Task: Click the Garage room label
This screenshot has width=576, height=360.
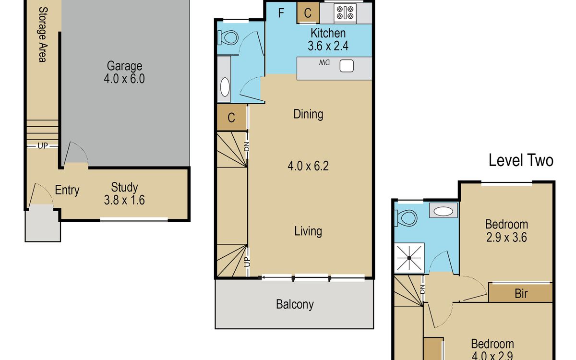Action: point(124,66)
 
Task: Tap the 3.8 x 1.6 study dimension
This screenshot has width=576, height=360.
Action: point(124,200)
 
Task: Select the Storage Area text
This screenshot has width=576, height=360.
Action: point(43,35)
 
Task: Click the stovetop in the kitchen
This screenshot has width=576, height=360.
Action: point(345,12)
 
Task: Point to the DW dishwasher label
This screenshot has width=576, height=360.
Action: point(324,63)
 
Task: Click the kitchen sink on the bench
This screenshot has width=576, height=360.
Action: point(347,66)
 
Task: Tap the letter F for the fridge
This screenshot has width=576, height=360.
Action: point(281,13)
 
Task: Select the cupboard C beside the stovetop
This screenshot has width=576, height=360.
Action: point(308,13)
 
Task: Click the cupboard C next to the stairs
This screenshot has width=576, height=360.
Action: point(231,118)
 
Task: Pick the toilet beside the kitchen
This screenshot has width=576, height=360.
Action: point(228,38)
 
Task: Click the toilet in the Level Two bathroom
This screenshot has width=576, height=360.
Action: point(406,218)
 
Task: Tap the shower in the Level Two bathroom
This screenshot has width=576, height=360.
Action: point(409,258)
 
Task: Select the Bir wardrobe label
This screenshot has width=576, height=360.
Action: point(521,293)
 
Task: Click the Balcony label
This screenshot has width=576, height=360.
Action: point(295,304)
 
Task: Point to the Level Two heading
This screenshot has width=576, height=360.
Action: point(521,160)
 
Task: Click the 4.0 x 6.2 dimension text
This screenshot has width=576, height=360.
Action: point(308,166)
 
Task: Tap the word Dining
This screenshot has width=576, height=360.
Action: point(308,114)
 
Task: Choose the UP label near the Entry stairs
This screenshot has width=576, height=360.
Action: point(43,146)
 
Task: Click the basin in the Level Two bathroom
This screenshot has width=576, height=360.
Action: point(444,211)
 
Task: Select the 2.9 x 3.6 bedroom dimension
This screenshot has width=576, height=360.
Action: point(506,237)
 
